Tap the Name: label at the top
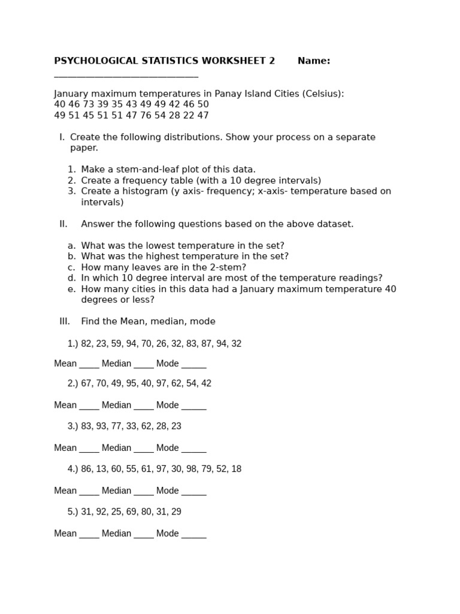tap(314, 61)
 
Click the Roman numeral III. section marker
tap(65, 321)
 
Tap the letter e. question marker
tap(71, 289)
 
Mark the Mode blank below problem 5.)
tap(193, 534)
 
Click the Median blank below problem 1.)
tap(144, 364)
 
